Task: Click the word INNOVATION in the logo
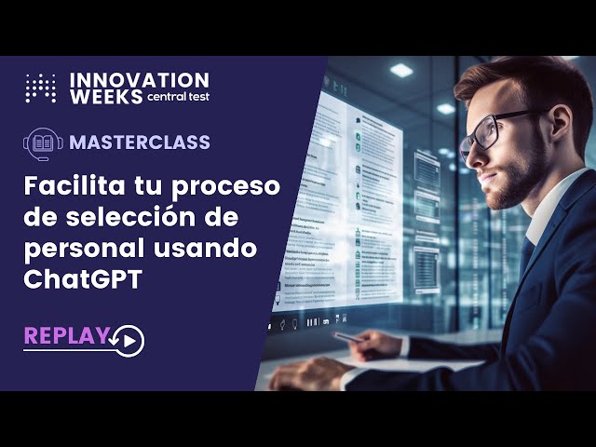[x=139, y=80]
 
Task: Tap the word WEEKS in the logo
[x=106, y=96]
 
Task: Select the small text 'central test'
[x=178, y=97]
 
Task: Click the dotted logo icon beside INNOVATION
[x=40, y=88]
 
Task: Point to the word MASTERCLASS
[x=140, y=142]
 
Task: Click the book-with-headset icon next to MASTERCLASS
[x=43, y=142]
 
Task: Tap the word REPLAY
[x=66, y=336]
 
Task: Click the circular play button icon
[x=130, y=341]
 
